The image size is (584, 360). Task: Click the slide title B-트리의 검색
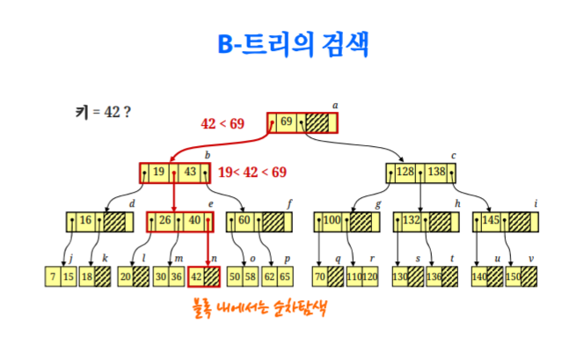293,45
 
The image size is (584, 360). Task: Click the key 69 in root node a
287,122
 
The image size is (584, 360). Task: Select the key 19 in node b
160,172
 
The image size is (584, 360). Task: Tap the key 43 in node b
190,172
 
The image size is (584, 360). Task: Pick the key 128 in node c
405,172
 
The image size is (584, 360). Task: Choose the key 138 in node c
437,172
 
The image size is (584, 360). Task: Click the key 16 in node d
86,221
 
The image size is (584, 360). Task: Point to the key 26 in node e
165,221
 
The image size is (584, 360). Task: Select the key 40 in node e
196,221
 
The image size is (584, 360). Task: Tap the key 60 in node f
245,221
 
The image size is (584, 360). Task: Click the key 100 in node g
332,221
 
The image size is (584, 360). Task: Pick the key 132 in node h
411,221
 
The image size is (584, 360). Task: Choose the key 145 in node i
490,221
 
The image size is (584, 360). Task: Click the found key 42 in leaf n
196,276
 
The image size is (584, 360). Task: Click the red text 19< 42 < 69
252,172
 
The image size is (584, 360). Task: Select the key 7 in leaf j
54,276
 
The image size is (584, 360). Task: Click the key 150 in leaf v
513,276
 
